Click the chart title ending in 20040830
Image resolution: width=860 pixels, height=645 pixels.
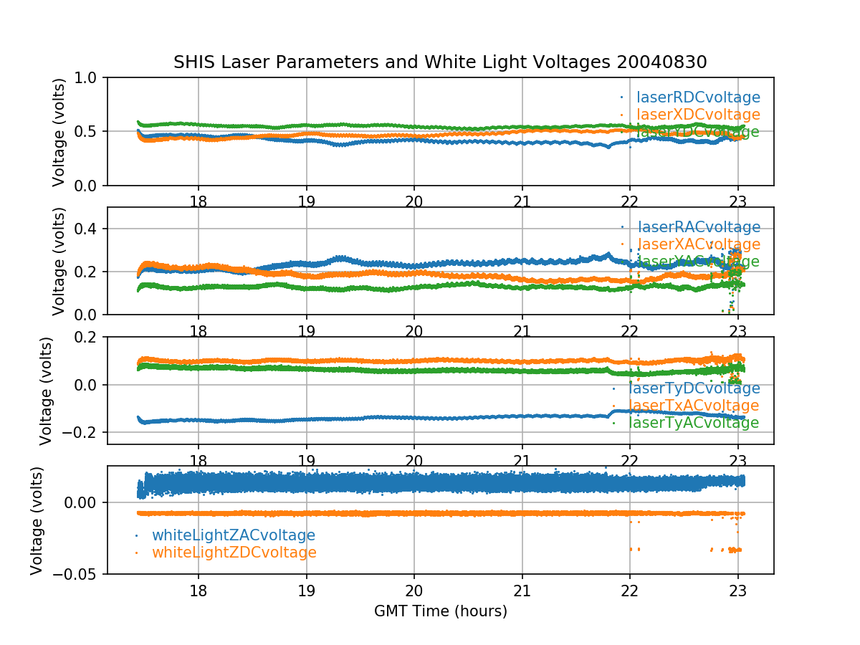click(x=440, y=62)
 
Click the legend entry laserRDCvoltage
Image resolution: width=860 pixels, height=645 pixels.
click(x=698, y=97)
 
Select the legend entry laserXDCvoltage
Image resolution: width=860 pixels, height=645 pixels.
click(x=698, y=115)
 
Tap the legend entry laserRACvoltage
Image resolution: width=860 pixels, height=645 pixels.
click(x=698, y=227)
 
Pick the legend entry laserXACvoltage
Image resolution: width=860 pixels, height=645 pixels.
click(x=698, y=244)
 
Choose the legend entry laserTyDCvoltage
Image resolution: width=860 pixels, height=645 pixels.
click(x=694, y=388)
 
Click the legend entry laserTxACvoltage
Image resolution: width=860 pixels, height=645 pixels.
click(x=694, y=406)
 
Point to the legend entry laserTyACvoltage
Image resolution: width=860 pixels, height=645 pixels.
click(x=694, y=423)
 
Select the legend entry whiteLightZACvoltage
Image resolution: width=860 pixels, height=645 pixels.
click(x=234, y=535)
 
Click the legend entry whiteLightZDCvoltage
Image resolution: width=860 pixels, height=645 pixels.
click(x=234, y=553)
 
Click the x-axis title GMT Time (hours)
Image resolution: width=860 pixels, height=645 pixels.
click(x=441, y=611)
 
